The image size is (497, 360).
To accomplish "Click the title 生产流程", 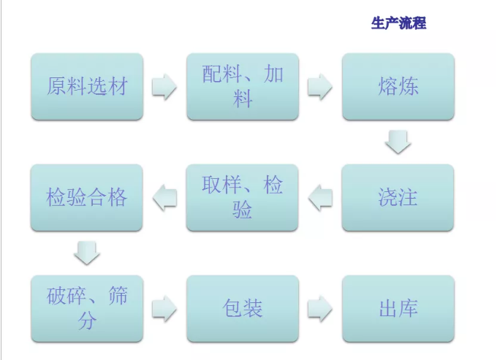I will pyautogui.click(x=398, y=23).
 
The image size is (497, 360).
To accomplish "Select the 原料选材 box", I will pyautogui.click(x=87, y=86).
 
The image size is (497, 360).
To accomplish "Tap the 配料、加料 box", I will pyautogui.click(x=243, y=86).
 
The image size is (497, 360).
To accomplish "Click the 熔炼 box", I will pyautogui.click(x=398, y=86).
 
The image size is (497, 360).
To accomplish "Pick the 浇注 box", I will pyautogui.click(x=398, y=197).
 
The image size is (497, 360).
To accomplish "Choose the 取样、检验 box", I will pyautogui.click(x=243, y=197).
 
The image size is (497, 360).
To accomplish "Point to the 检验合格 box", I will pyautogui.click(x=87, y=197).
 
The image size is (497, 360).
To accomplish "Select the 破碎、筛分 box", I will pyautogui.click(x=87, y=308).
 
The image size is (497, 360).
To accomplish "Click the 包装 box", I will pyautogui.click(x=243, y=308).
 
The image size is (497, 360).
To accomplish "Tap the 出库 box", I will pyautogui.click(x=398, y=308).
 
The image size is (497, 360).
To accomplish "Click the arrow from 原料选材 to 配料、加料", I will pyautogui.click(x=164, y=86).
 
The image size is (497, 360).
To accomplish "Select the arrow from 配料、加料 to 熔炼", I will pyautogui.click(x=320, y=86).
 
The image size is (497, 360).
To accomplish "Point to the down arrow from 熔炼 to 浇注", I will pyautogui.click(x=398, y=142).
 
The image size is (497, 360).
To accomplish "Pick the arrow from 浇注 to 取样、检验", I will pyautogui.click(x=320, y=197).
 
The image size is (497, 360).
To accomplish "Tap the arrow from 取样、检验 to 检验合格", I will pyautogui.click(x=164, y=197).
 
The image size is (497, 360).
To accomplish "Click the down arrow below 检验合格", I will pyautogui.click(x=87, y=253).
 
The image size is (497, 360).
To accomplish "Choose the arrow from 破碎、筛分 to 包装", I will pyautogui.click(x=164, y=308).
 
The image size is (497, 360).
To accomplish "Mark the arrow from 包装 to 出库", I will pyautogui.click(x=320, y=308).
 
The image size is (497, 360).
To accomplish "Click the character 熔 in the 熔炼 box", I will pyautogui.click(x=388, y=86).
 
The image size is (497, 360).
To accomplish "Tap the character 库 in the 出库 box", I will pyautogui.click(x=409, y=308).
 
